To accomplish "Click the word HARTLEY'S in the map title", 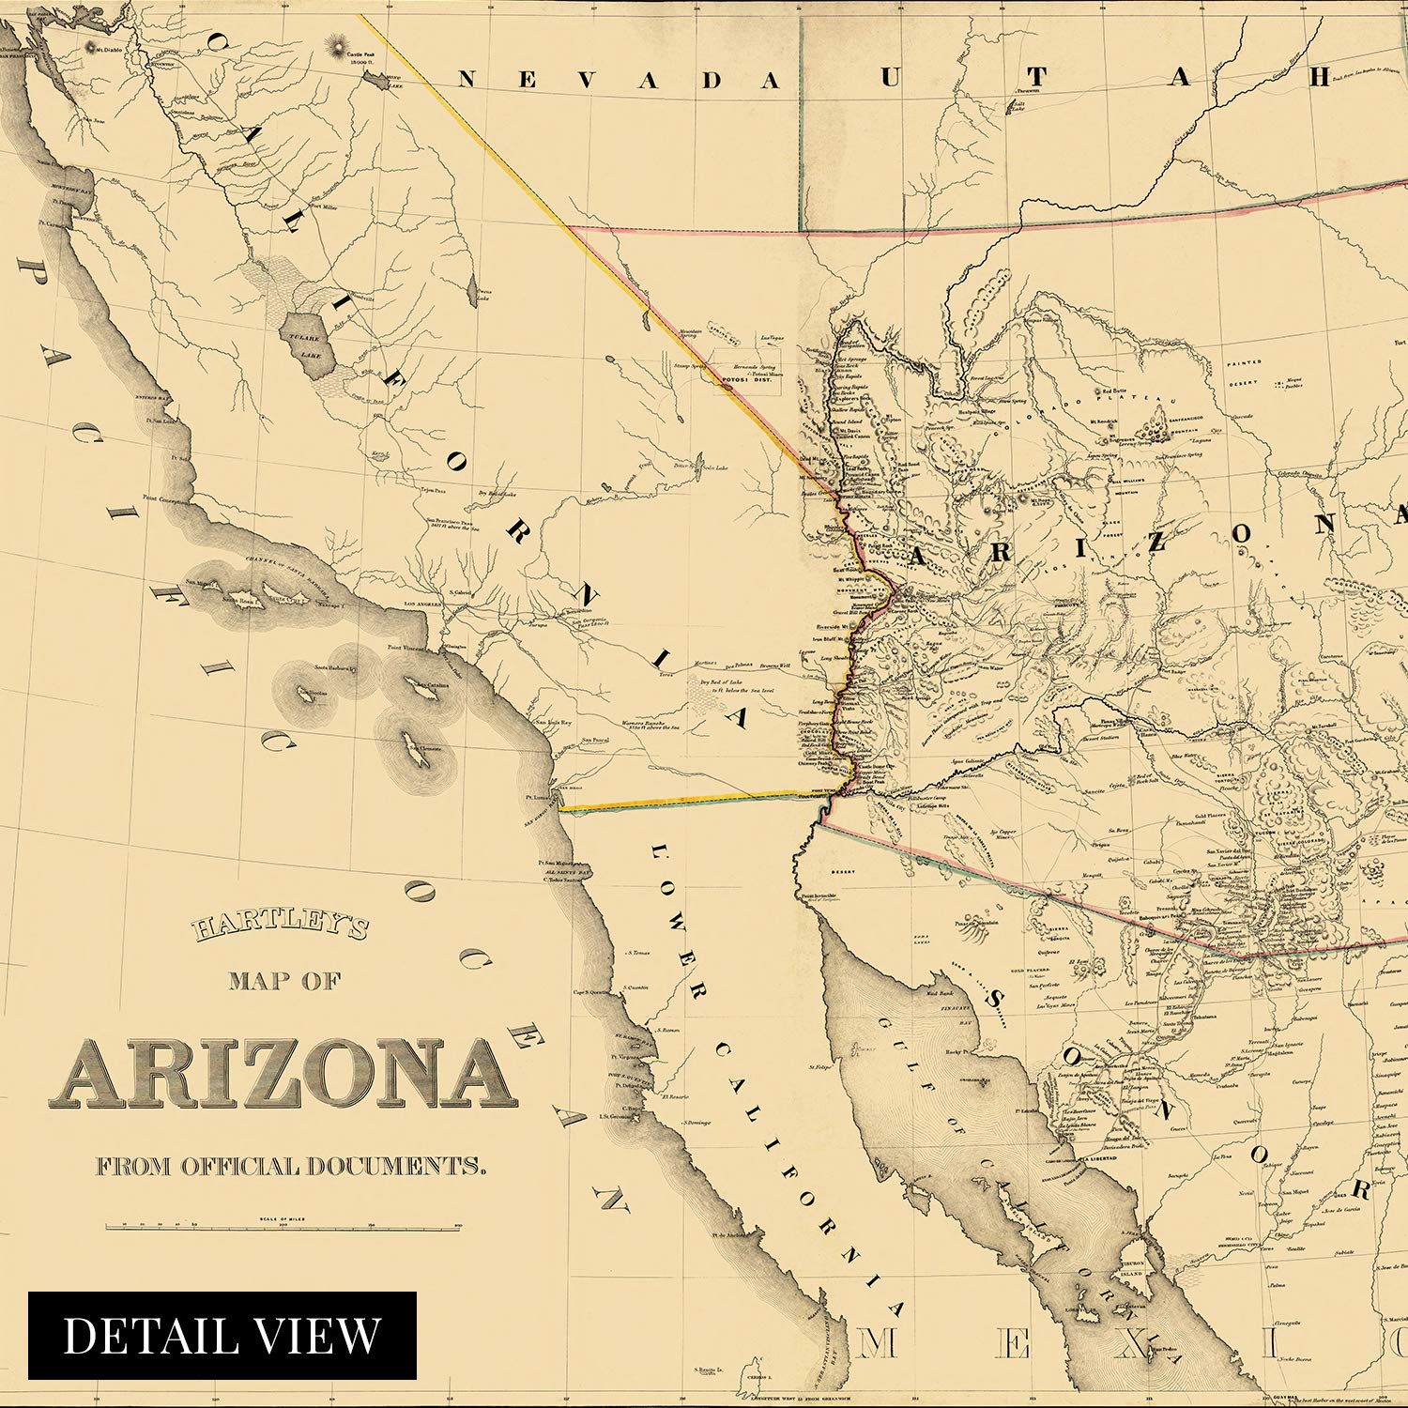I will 281,928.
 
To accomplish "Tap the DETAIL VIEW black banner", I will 222,1335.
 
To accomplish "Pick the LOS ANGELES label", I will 421,604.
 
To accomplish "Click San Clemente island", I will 413,750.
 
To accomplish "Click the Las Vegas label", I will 772,337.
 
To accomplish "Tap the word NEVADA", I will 620,81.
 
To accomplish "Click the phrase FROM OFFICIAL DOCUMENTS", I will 291,1166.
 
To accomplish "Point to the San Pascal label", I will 593,741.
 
